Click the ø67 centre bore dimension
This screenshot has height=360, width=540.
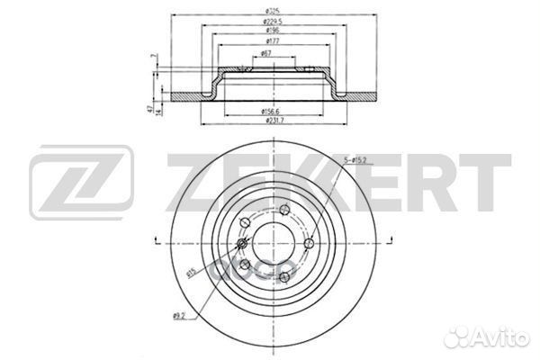[267, 54]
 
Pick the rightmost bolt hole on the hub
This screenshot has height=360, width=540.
[308, 244]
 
